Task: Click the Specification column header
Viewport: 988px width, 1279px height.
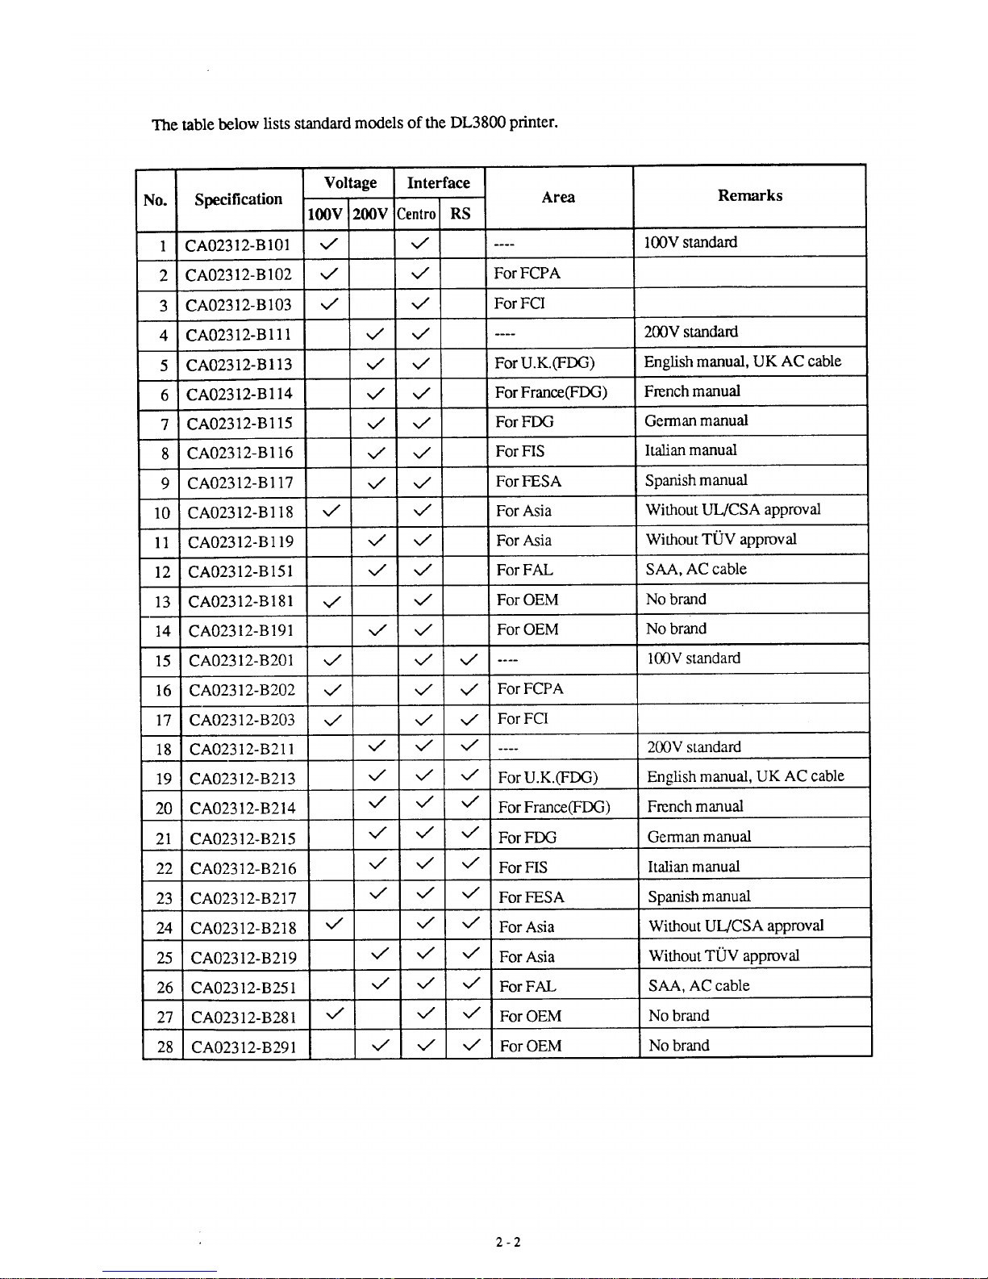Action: (x=238, y=199)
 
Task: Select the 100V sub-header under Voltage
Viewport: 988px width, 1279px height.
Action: (x=325, y=214)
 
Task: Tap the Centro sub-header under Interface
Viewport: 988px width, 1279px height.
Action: (x=416, y=214)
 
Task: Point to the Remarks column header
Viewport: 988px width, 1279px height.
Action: (x=750, y=195)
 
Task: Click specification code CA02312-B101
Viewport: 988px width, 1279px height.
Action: (x=237, y=245)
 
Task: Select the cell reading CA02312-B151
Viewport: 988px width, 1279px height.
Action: (x=240, y=572)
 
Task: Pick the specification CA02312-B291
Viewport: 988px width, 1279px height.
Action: (x=244, y=1047)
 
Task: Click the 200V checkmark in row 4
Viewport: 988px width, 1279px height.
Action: (x=375, y=333)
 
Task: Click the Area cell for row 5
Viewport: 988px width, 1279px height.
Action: (x=544, y=363)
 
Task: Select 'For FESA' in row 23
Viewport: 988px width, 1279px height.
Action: (x=532, y=897)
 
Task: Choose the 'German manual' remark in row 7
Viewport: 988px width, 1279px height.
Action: (x=696, y=420)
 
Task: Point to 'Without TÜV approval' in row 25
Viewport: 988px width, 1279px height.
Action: (x=723, y=956)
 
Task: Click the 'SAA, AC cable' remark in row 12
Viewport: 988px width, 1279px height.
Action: (x=696, y=570)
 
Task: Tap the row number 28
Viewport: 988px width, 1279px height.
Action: (x=165, y=1047)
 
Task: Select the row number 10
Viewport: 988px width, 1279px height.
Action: (x=162, y=513)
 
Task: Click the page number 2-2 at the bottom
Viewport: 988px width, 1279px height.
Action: (x=508, y=1242)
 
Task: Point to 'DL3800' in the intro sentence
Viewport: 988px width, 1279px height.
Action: (x=477, y=123)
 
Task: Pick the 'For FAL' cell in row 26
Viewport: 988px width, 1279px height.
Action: (x=527, y=986)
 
